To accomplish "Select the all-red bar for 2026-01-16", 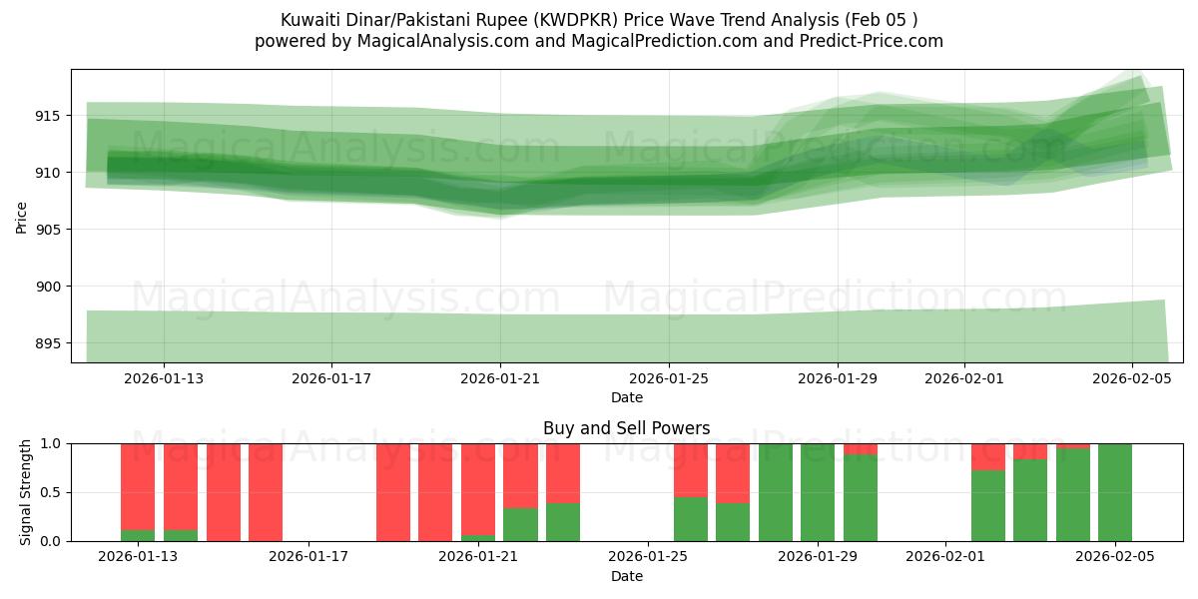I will tap(266, 492).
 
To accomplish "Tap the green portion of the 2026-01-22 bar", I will tap(520, 525).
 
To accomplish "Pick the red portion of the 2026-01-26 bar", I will tap(691, 469).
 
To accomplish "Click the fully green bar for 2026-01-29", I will tap(818, 492).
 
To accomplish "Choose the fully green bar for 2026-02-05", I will tap(1115, 492).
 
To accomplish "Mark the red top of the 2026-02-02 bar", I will tap(988, 456).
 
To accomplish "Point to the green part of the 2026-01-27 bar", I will tap(733, 522).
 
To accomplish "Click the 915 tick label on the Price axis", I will tap(47, 116).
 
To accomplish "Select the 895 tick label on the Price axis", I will tap(47, 343).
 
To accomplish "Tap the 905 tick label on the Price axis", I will tap(47, 230).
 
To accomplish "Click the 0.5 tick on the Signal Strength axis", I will tap(50, 492).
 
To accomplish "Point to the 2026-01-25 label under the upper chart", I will tap(669, 379).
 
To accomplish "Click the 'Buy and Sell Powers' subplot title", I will tap(627, 428).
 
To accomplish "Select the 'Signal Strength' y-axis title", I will tap(26, 492).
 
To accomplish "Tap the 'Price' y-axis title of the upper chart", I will tap(22, 216).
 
